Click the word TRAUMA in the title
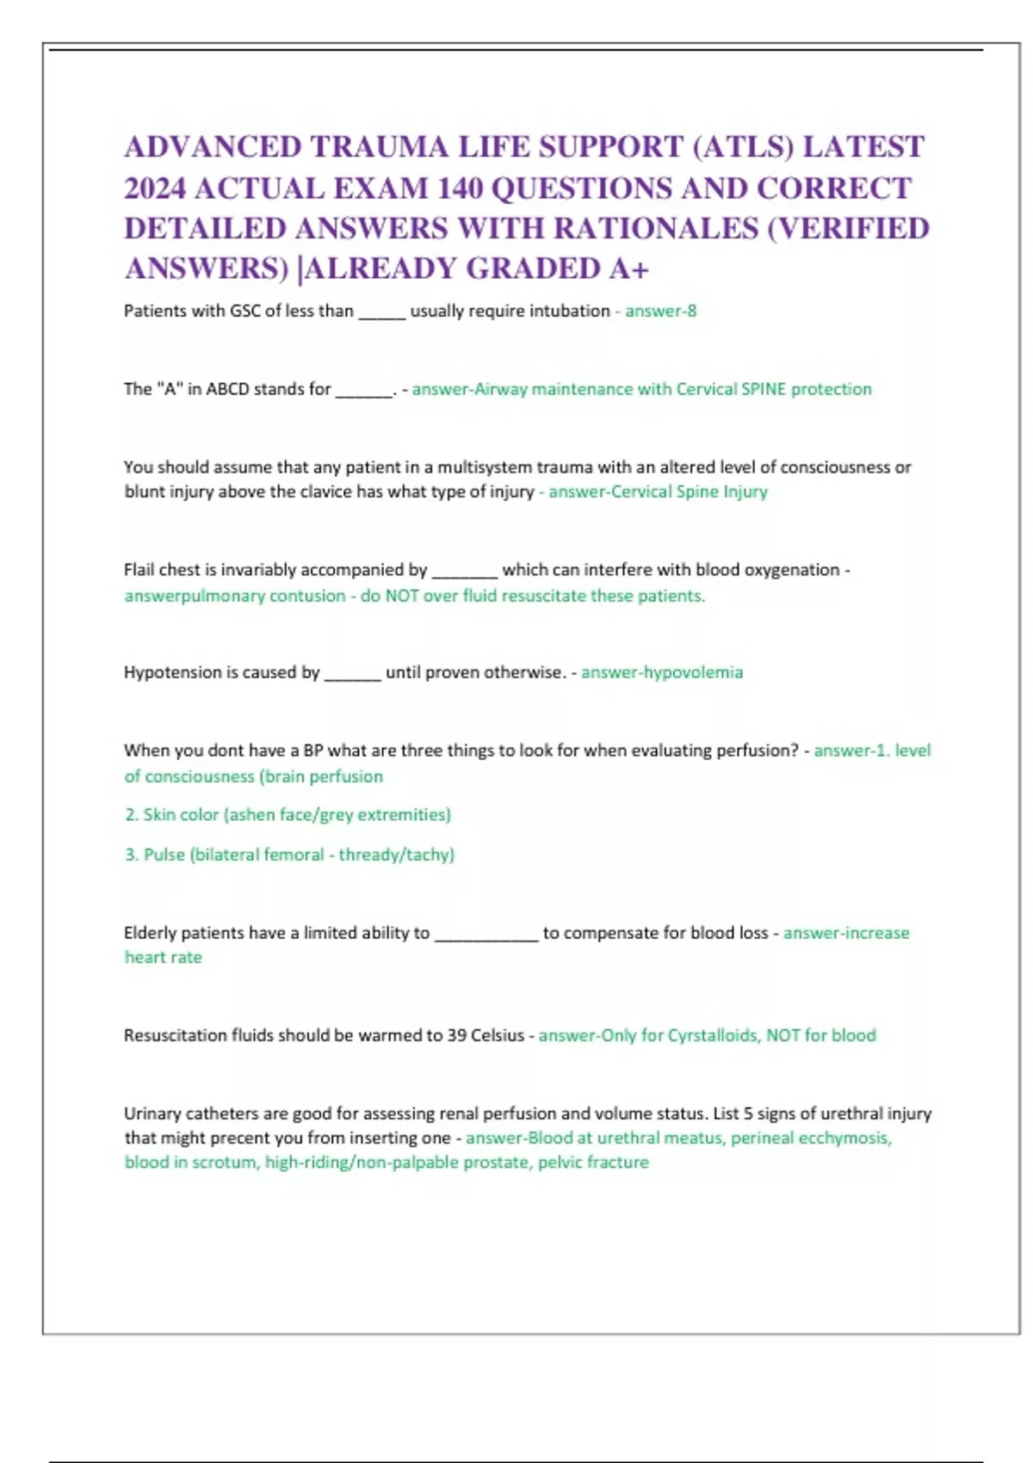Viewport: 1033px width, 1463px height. coord(379,147)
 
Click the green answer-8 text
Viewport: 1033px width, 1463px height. coord(660,311)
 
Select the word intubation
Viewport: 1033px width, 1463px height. coord(569,311)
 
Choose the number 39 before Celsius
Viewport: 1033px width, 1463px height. coord(456,1035)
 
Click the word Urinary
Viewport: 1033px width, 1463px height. coord(152,1114)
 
